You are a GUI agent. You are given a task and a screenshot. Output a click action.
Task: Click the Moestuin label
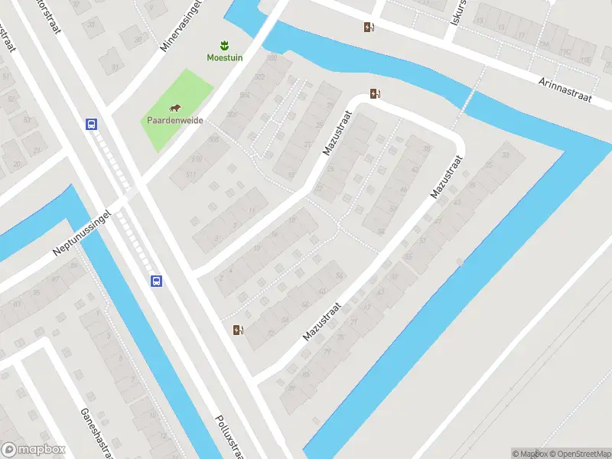point(224,57)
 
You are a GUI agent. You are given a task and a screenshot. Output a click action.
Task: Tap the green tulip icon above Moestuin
point(224,44)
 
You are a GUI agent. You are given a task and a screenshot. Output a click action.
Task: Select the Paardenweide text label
point(174,120)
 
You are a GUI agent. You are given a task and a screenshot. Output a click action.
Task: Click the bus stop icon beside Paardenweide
point(92,124)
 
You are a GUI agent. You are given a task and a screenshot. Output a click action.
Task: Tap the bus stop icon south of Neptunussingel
point(156,281)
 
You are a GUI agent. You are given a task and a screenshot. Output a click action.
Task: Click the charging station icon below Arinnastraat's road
point(369,28)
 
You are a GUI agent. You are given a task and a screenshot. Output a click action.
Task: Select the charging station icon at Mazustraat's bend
point(375,93)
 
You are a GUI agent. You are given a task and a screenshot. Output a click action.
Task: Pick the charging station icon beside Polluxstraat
point(238,330)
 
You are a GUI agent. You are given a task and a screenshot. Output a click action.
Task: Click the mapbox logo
point(34,450)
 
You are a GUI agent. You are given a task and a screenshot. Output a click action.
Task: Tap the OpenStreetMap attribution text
point(578,454)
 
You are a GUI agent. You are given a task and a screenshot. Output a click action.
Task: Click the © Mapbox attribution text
point(529,454)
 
